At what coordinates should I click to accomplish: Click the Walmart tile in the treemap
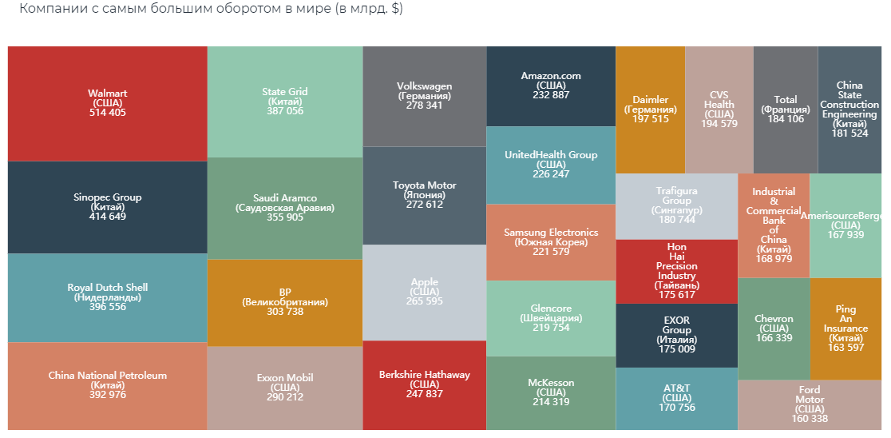(x=107, y=103)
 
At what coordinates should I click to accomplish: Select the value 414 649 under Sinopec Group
(x=107, y=217)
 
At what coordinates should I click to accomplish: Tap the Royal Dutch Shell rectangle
(x=107, y=297)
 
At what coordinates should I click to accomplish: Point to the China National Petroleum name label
(x=107, y=376)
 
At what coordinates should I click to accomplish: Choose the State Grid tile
(x=284, y=102)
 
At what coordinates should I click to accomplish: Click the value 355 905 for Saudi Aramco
(x=284, y=217)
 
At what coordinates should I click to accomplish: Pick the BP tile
(x=284, y=302)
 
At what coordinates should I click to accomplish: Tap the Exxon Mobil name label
(x=284, y=378)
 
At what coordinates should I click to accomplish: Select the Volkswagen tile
(x=424, y=96)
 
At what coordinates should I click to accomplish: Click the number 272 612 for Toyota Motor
(x=424, y=205)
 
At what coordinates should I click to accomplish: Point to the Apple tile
(x=424, y=292)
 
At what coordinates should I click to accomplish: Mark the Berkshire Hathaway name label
(x=424, y=375)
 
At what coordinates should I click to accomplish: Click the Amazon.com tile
(x=551, y=86)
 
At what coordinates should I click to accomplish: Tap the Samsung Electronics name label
(x=551, y=233)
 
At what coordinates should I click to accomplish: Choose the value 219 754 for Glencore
(x=551, y=328)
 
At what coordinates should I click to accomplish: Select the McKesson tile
(x=551, y=392)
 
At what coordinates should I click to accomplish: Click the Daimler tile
(x=650, y=109)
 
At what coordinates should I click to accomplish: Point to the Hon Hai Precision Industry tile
(x=676, y=271)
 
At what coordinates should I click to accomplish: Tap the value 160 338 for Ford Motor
(x=809, y=419)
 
